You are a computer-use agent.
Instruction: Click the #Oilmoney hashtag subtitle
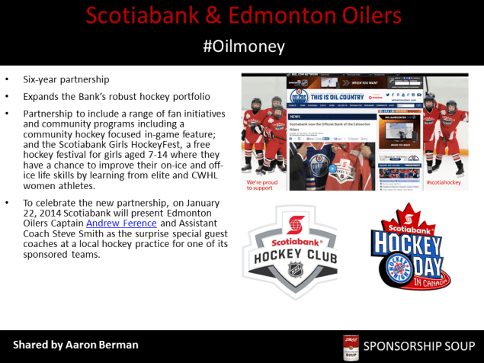click(244, 47)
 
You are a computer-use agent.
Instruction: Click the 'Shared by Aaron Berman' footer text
click(75, 345)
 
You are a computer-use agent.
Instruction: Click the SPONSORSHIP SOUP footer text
click(418, 345)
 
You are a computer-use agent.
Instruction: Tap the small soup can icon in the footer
click(351, 345)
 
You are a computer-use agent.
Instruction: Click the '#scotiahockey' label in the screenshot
click(445, 183)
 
